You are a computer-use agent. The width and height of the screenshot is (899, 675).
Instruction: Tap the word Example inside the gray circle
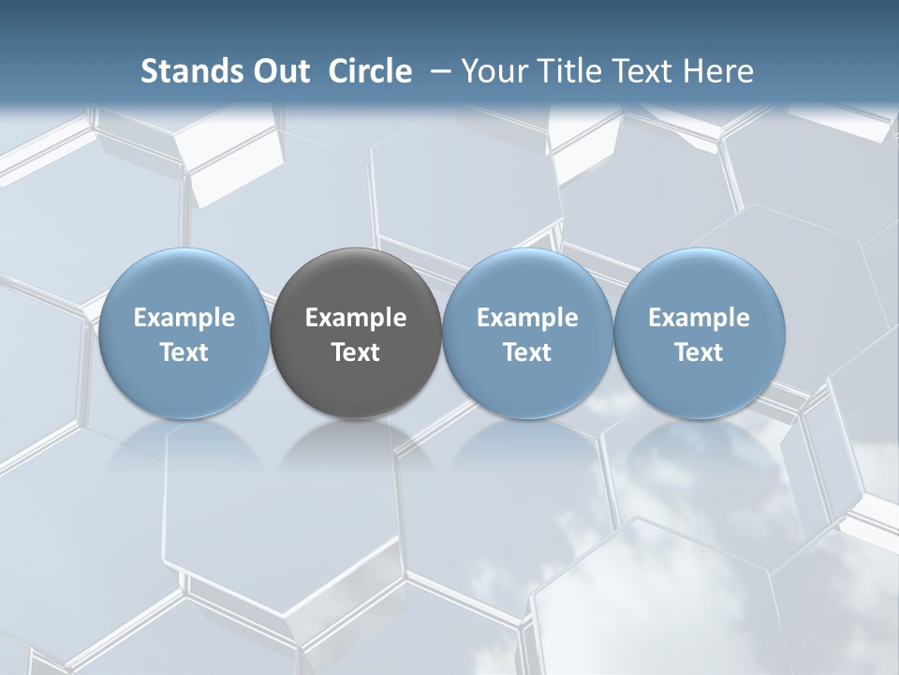(x=356, y=318)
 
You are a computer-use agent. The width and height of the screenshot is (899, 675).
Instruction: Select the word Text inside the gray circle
(x=356, y=352)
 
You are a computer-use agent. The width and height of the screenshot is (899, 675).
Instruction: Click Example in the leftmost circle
(x=184, y=318)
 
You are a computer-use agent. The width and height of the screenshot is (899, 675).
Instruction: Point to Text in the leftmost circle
(x=184, y=352)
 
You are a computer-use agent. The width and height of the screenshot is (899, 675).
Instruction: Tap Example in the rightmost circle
(x=700, y=318)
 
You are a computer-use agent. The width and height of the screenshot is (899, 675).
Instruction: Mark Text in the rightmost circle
(x=700, y=352)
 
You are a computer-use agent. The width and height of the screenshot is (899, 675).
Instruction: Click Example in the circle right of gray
(x=527, y=318)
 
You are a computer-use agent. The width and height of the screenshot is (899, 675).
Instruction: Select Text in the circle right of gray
(x=527, y=352)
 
